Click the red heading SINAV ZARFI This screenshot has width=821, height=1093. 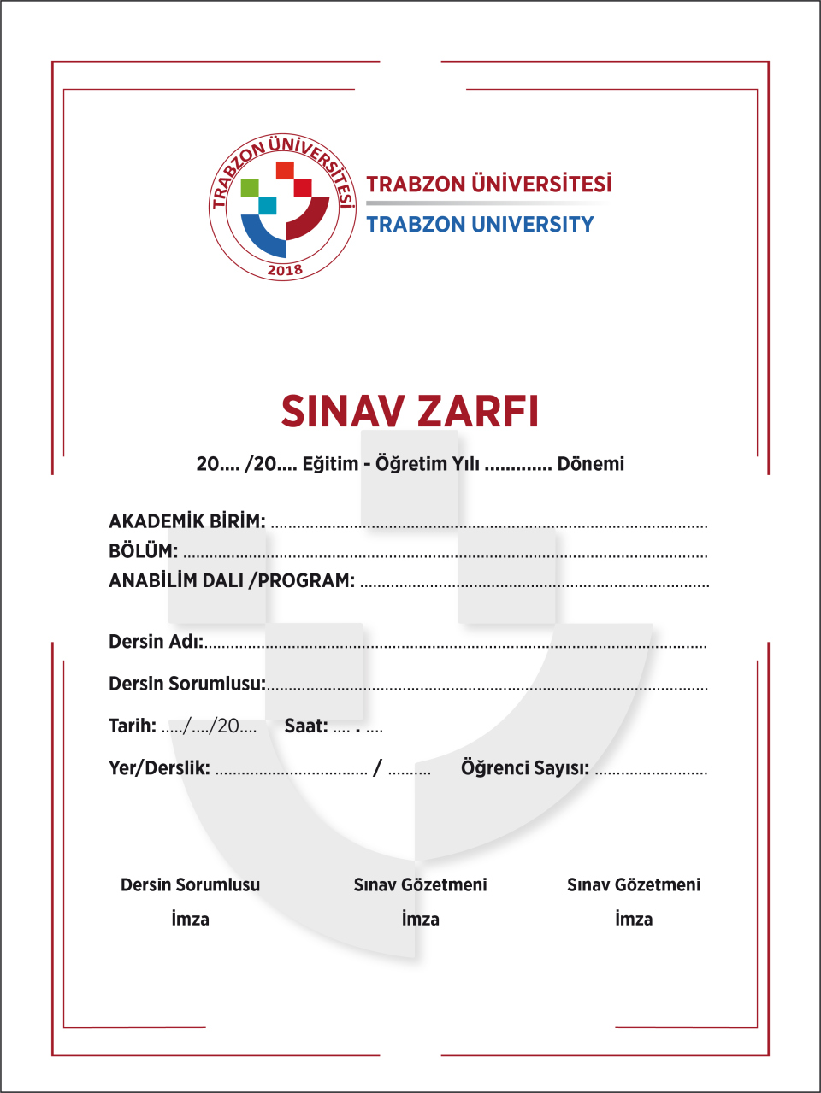(x=410, y=411)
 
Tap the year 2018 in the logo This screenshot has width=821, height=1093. (x=285, y=270)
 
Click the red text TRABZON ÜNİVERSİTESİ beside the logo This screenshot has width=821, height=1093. (x=488, y=184)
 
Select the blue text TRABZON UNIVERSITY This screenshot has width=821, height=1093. (x=480, y=225)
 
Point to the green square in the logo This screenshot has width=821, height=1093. (x=250, y=187)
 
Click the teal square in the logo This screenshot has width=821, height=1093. (x=268, y=206)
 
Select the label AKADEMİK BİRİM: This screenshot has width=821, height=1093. (x=186, y=521)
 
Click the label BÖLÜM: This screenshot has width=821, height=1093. (x=143, y=551)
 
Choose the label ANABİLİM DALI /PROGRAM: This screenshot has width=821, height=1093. (x=231, y=581)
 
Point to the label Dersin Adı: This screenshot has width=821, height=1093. (x=156, y=642)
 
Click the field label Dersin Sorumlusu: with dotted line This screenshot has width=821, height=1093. (x=186, y=684)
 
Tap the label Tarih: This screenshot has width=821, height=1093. (x=132, y=726)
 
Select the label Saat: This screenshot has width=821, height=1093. (x=305, y=726)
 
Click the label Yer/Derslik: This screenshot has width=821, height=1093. (x=159, y=768)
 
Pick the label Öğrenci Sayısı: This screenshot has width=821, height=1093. (x=524, y=768)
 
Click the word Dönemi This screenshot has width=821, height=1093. (x=590, y=464)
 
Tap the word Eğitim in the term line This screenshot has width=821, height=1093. (x=330, y=464)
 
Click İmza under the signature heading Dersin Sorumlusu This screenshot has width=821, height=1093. (x=190, y=920)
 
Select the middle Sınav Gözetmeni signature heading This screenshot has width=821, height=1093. (x=420, y=885)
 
